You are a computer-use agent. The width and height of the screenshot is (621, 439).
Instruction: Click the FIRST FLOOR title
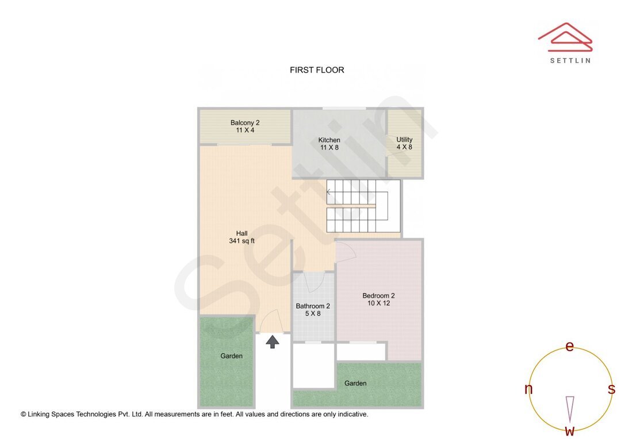coord(317,70)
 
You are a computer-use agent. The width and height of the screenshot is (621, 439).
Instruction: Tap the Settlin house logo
coord(565,37)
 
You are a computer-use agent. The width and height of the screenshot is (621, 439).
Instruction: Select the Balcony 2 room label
coord(245,126)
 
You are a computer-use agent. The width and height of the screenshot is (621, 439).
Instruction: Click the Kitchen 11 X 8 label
coord(329,144)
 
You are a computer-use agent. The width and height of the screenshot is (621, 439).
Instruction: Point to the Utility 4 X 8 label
coord(404,143)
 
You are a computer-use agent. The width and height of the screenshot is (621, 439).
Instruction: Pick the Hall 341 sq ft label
coord(241,237)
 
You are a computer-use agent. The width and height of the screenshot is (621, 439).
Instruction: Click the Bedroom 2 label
coord(378,299)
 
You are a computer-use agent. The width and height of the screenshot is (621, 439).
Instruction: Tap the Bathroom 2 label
coord(313,310)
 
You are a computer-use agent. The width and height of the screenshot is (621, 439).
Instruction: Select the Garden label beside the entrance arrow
coord(231,356)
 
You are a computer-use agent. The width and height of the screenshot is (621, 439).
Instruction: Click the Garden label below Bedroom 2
coord(355,383)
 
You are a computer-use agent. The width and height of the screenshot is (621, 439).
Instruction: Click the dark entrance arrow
coord(273,341)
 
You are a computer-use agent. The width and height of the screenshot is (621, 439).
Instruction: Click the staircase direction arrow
coord(329,191)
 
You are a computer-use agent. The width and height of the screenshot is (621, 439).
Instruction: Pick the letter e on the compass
coord(569,346)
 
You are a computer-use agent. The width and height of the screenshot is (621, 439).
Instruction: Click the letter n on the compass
coord(528,389)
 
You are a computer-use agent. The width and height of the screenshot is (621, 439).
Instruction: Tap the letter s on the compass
coord(611,389)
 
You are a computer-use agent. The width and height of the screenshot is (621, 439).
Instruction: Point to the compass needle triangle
coord(570,409)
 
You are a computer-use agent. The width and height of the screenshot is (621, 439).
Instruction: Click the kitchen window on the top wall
coord(344,108)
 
